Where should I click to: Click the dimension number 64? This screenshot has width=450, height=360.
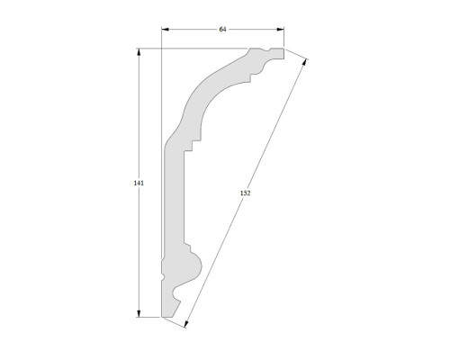click(x=222, y=29)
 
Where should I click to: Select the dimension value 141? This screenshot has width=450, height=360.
click(x=139, y=183)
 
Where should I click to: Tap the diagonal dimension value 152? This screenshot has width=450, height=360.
click(x=245, y=193)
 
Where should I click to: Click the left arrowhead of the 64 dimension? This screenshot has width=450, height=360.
click(x=166, y=29)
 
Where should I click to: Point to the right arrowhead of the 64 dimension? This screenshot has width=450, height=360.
click(x=280, y=29)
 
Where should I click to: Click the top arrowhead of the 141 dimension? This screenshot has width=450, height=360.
click(x=139, y=52)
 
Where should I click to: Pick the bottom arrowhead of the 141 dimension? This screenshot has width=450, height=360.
click(x=139, y=313)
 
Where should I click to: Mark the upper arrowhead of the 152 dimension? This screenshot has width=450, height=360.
click(x=305, y=62)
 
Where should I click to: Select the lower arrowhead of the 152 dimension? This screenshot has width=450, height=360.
click(x=185, y=324)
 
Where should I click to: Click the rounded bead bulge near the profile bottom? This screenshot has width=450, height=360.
click(x=196, y=266)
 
